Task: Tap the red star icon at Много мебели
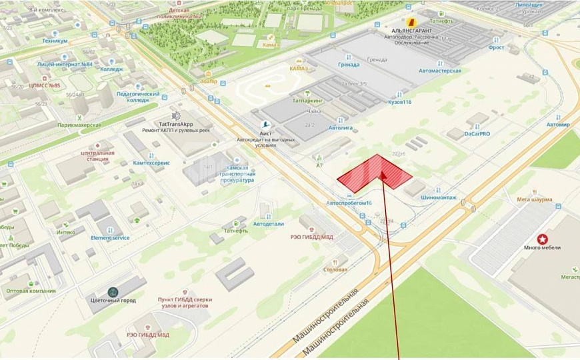pos(543,238)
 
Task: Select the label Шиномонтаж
pos(439,198)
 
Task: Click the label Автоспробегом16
pos(349,203)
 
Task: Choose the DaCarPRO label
pos(477,134)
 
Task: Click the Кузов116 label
pos(399,103)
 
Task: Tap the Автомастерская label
pos(439,71)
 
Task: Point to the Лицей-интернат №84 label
pos(65,65)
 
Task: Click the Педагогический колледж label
pos(138,97)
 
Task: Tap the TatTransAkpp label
pos(175,123)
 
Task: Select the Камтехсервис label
pos(151,163)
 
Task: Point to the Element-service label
pos(110,237)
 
